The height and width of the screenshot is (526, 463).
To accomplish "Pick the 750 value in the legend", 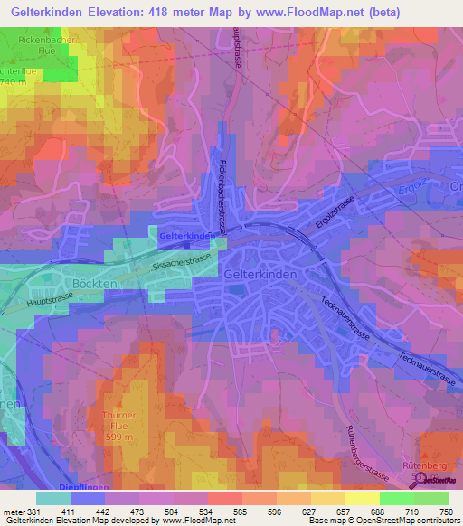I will (x=445, y=510).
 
